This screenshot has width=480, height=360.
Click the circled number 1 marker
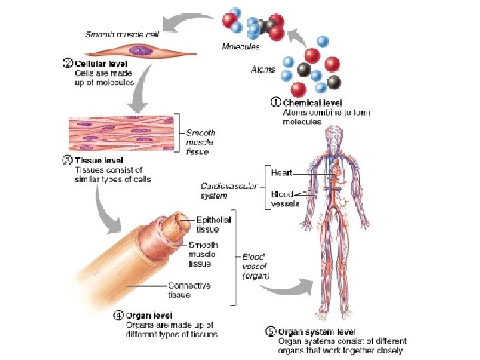276,103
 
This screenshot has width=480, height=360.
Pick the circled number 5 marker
271,331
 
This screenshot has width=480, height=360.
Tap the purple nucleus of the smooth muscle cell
139,50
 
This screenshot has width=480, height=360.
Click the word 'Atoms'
263,69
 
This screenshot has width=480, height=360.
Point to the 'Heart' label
281,173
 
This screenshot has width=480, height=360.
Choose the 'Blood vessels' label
285,199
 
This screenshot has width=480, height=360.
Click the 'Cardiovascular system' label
229,191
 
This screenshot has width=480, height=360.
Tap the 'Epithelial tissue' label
213,225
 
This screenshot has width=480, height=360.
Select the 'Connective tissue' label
189,290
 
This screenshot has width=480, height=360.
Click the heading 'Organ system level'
317,331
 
